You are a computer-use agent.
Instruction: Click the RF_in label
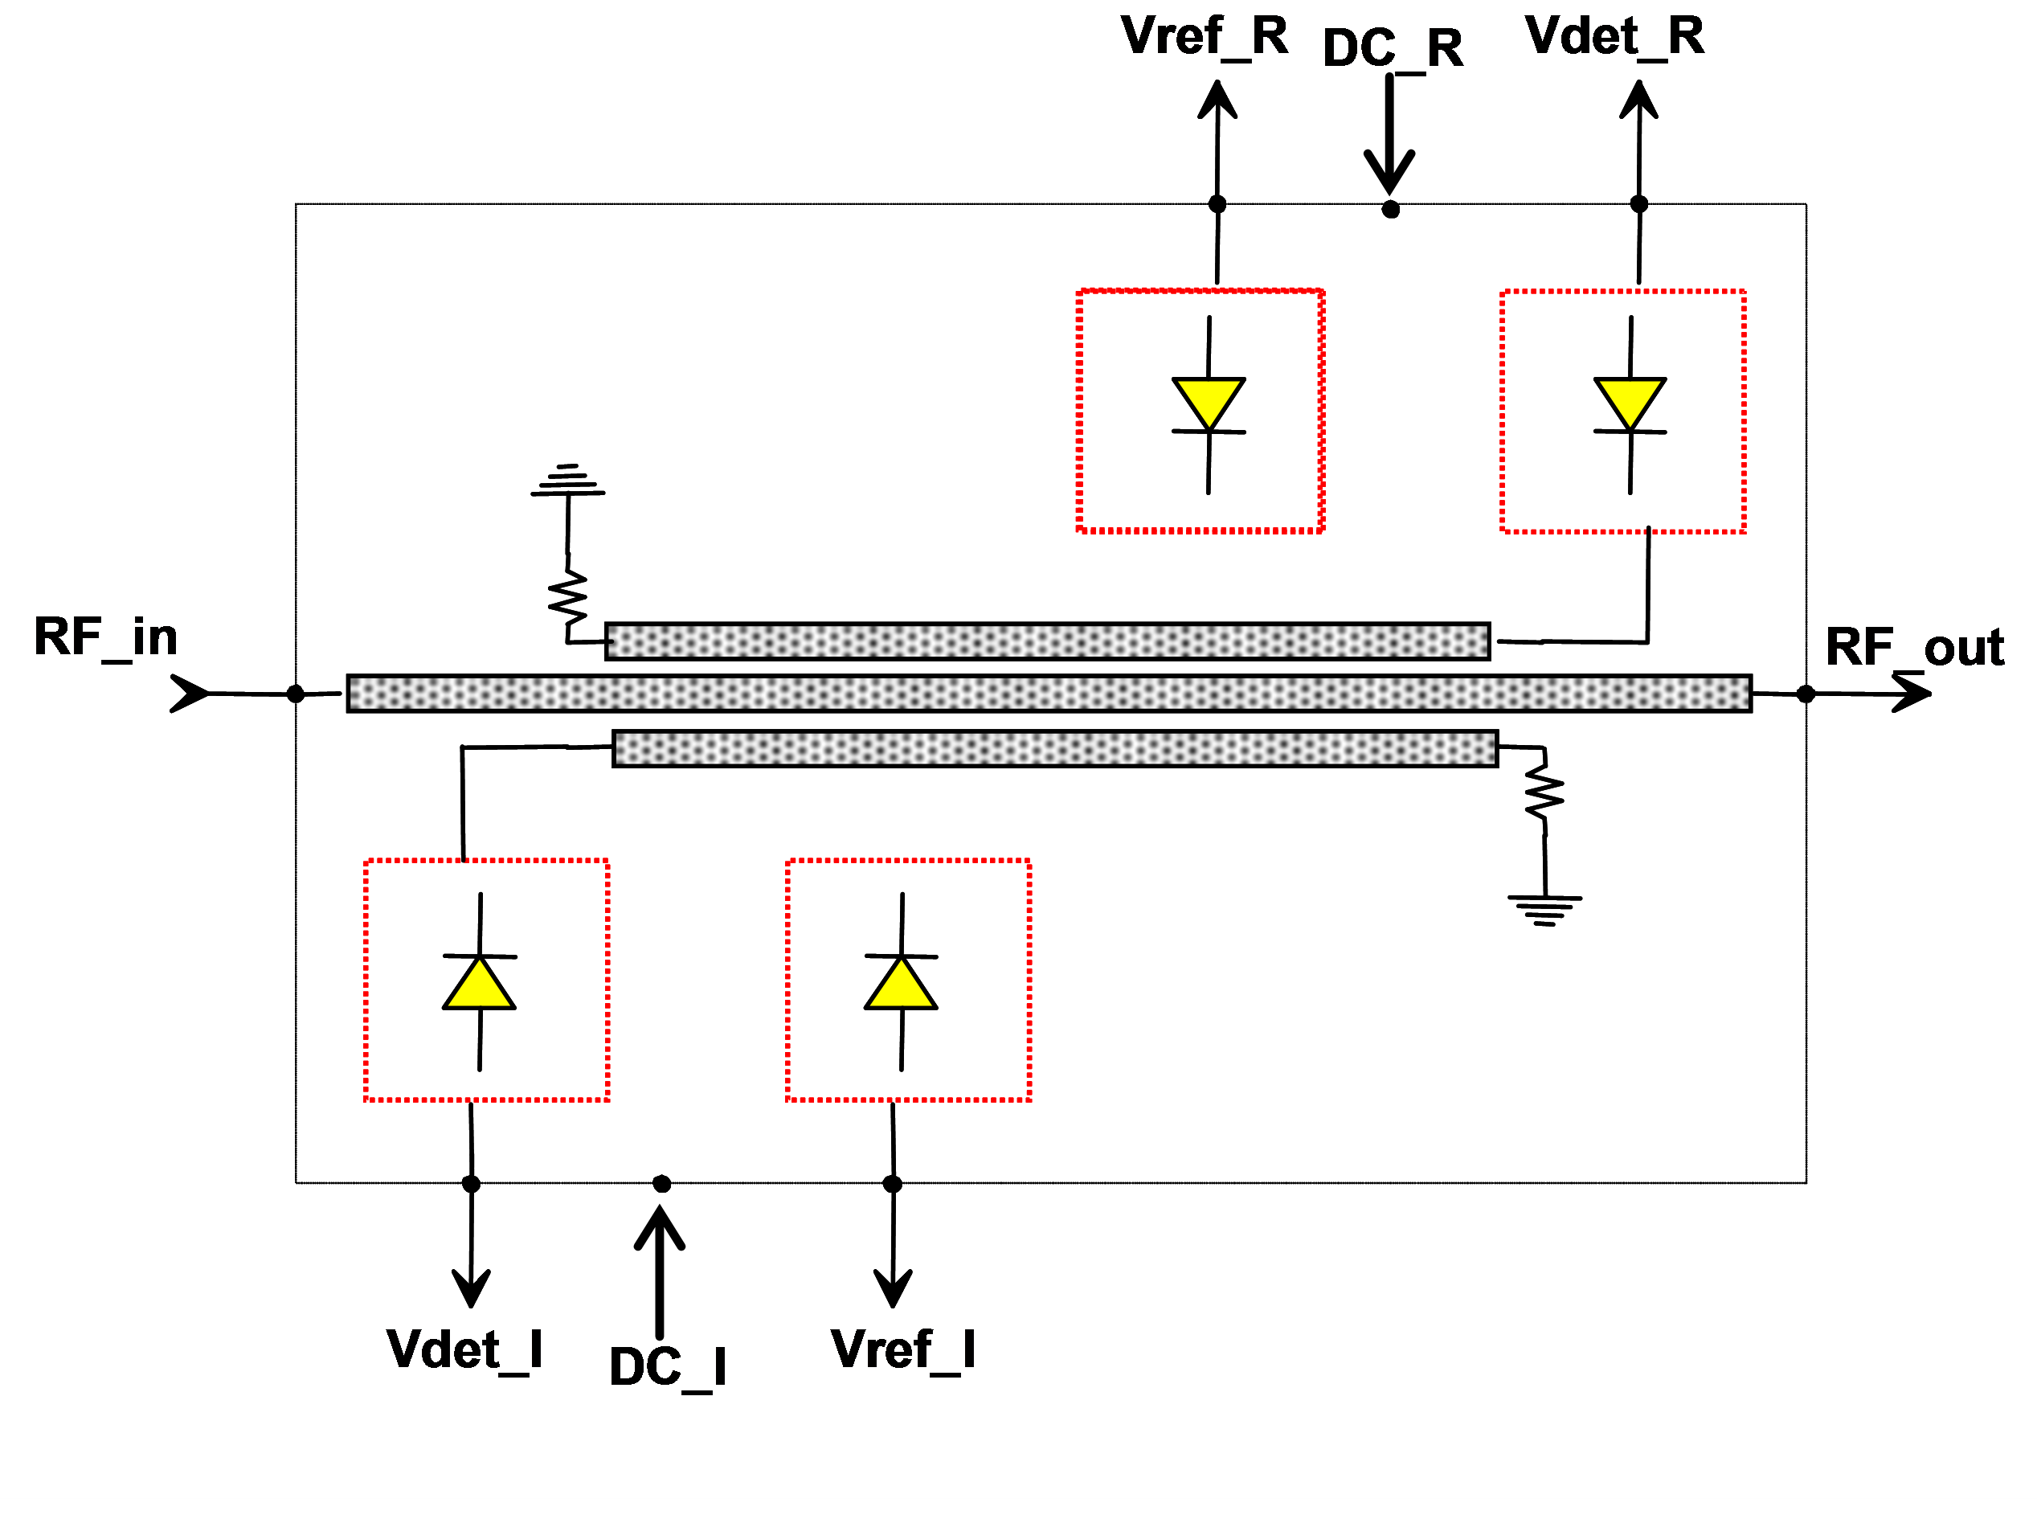coord(106,637)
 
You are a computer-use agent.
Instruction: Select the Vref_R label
coord(1205,37)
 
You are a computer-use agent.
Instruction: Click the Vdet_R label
coord(1614,37)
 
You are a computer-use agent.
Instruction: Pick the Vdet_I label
coord(464,1349)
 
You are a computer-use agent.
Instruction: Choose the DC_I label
coord(668,1367)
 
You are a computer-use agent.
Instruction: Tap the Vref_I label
coord(902,1349)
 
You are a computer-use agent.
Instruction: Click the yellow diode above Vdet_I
coord(479,983)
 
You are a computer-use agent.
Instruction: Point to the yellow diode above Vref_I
coord(901,983)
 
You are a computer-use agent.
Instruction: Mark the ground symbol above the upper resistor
coord(568,481)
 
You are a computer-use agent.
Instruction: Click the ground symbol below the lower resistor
coord(1545,909)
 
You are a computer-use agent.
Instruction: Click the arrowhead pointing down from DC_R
coord(1390,172)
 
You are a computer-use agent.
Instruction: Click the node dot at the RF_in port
coord(296,694)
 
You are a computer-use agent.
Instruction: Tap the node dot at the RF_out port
coord(1806,694)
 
